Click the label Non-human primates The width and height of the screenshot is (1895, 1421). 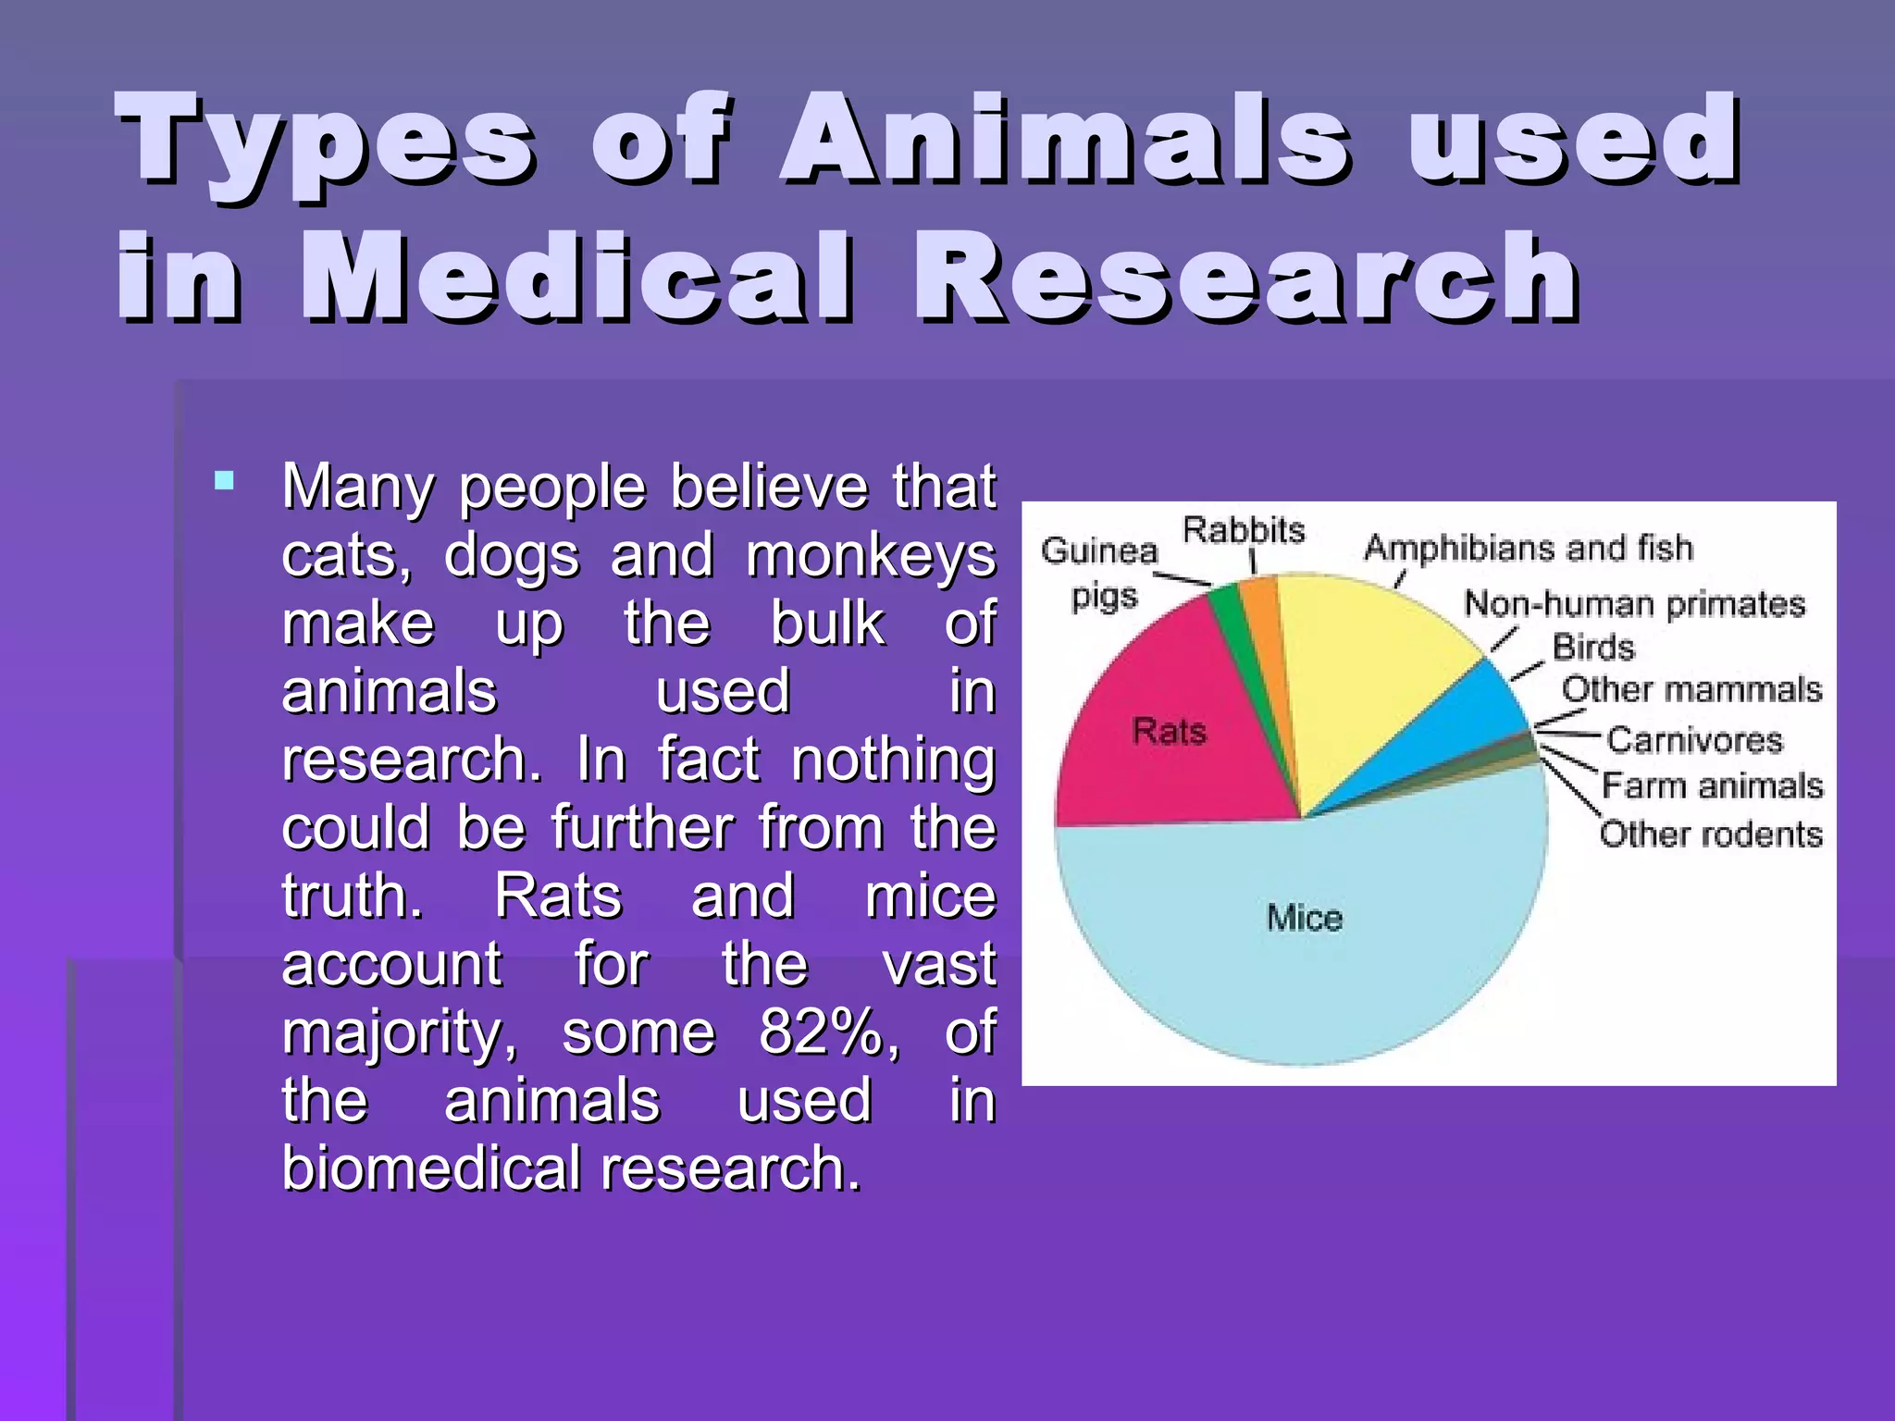point(1634,604)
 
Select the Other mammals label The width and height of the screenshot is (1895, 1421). point(1691,689)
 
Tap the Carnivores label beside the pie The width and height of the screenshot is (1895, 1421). point(1694,740)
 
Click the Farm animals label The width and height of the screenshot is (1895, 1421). point(1712,785)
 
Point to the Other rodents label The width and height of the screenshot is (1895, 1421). point(1711,834)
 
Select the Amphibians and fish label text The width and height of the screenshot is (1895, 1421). point(1529,549)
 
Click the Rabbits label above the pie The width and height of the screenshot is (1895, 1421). point(1244,530)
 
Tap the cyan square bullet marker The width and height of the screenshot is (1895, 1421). point(224,481)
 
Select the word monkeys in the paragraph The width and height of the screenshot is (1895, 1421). point(870,557)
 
